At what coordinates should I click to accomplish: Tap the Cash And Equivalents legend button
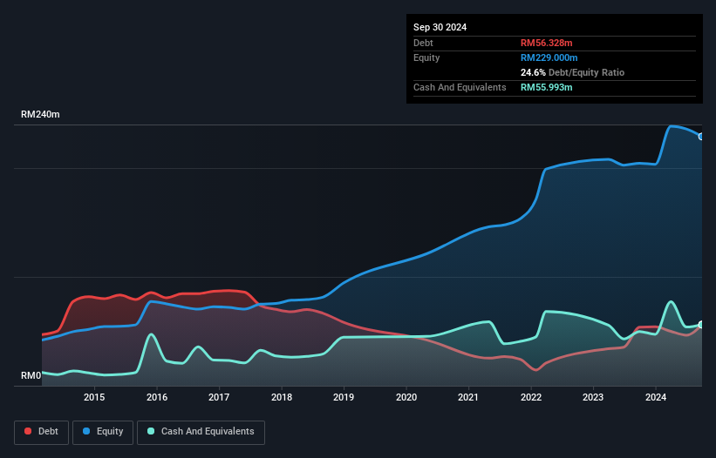(x=201, y=432)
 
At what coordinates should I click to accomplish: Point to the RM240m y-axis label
(x=41, y=115)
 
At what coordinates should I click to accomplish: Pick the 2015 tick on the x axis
(x=94, y=398)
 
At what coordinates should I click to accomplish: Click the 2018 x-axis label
(x=282, y=398)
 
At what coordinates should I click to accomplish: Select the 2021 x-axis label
(x=469, y=398)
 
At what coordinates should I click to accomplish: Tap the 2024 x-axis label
(x=656, y=398)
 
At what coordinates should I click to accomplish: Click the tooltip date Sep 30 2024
(x=440, y=27)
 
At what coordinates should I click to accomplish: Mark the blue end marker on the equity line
(x=700, y=136)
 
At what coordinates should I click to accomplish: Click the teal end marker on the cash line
(x=700, y=325)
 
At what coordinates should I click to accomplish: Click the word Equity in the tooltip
(x=426, y=57)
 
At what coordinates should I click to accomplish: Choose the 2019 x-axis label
(x=344, y=398)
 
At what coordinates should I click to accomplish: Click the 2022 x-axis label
(x=531, y=398)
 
